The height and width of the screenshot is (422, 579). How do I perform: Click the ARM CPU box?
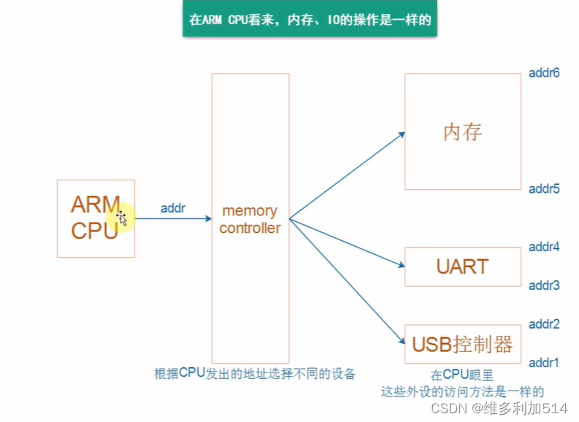click(96, 218)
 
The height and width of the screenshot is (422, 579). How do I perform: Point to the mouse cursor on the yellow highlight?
click(122, 218)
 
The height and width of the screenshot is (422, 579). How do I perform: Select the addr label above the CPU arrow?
click(173, 208)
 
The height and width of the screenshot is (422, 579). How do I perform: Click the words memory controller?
click(250, 219)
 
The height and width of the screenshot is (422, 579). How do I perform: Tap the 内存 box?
click(463, 132)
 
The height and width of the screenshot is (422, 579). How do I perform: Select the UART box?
click(463, 266)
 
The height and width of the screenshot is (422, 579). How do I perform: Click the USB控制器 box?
click(463, 344)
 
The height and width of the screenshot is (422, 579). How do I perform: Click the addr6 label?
click(544, 73)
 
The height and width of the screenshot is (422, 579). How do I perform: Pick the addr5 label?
click(544, 189)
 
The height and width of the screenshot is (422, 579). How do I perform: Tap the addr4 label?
click(544, 247)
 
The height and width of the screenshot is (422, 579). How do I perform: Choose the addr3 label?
click(544, 285)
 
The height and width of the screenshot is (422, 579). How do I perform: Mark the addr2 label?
click(544, 324)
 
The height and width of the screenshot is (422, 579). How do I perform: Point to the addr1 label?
click(544, 363)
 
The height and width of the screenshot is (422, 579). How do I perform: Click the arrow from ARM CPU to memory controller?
click(173, 218)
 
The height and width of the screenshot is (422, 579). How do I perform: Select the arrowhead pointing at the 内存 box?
click(401, 135)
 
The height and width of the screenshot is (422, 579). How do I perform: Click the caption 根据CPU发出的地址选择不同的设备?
click(255, 374)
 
